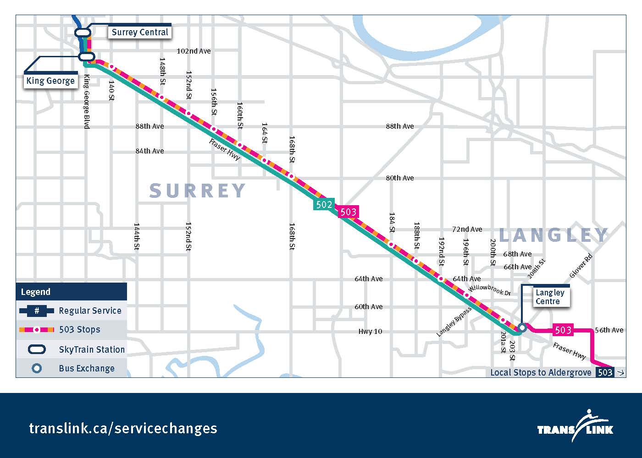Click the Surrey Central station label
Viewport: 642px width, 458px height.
140,32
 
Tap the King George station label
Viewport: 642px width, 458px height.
50,81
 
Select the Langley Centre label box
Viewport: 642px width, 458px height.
549,297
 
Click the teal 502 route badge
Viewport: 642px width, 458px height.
324,204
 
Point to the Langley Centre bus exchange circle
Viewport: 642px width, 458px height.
522,327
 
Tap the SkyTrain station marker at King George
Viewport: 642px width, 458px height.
86,57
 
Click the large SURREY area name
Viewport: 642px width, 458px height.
198,191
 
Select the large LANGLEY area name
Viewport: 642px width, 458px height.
553,235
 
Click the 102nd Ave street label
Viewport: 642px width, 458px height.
194,51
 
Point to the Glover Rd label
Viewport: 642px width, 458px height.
581,266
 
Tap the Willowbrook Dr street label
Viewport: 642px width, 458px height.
489,289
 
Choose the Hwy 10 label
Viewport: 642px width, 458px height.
370,331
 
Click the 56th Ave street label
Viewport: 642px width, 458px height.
609,330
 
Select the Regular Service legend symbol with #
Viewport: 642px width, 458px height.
37,311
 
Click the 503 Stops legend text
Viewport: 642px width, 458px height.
79,329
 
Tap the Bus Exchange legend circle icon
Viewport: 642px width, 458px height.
37,368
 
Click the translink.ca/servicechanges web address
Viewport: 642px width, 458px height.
123,428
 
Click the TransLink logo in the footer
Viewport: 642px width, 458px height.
576,426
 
